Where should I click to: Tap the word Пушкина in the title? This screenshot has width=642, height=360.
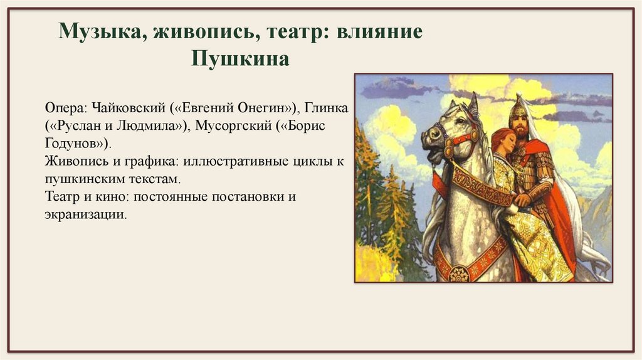(241, 60)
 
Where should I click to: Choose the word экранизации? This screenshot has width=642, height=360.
(85, 214)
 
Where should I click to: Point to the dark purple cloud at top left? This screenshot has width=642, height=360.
(391, 87)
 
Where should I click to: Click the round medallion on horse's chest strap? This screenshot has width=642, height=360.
(460, 273)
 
